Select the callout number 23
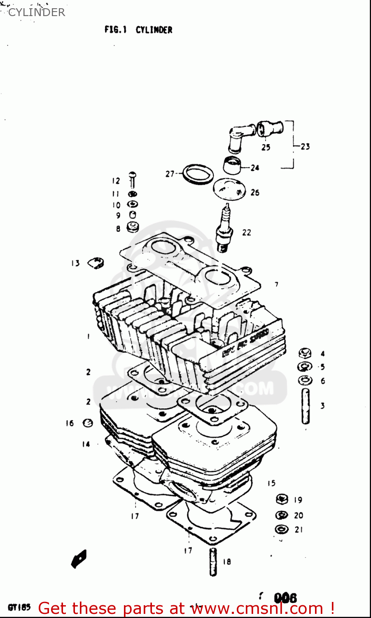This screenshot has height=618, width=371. click(x=305, y=146)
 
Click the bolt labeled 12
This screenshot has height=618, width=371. click(x=133, y=180)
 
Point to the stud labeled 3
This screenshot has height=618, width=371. click(x=306, y=406)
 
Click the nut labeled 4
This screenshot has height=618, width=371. click(x=305, y=353)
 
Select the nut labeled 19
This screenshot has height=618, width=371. click(x=282, y=500)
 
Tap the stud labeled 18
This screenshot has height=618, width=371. click(x=213, y=562)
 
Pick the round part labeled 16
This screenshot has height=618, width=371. click(x=88, y=423)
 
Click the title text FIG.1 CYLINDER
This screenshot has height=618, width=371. click(x=138, y=30)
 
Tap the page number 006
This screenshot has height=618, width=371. click(x=285, y=597)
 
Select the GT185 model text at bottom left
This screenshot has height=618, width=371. click(x=19, y=607)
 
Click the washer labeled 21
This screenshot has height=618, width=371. click(x=282, y=529)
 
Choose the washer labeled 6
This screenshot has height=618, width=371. click(x=305, y=380)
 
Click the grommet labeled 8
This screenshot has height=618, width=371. click(x=133, y=227)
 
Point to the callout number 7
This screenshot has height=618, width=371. click(x=277, y=284)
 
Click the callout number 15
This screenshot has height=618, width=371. click(x=271, y=483)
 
